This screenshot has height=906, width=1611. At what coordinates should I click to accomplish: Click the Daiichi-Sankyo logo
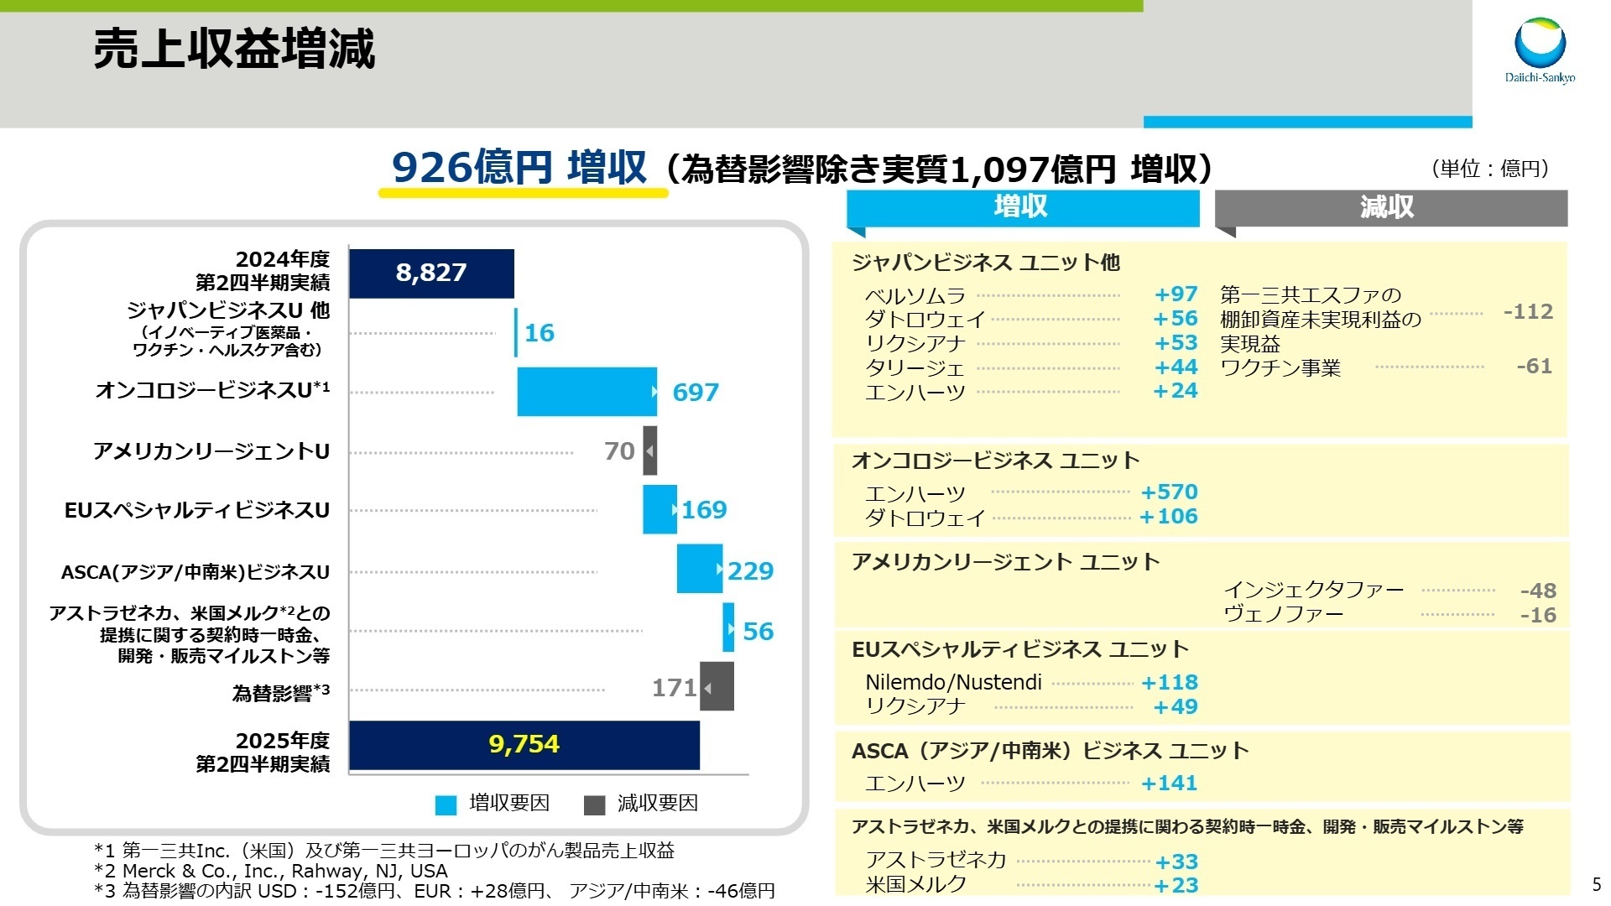[1540, 50]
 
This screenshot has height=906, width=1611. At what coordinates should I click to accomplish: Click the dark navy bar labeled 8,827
[431, 273]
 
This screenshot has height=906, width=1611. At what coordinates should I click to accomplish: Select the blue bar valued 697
[587, 392]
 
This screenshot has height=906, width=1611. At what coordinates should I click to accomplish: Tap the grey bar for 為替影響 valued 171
[717, 687]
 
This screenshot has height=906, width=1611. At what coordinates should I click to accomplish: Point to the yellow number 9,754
[524, 744]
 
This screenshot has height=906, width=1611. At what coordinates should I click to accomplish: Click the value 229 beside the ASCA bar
[750, 571]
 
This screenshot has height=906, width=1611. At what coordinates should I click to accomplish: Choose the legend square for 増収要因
[446, 805]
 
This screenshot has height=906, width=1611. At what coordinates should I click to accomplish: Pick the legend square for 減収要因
[594, 805]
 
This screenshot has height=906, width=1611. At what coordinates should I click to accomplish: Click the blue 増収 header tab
[1022, 207]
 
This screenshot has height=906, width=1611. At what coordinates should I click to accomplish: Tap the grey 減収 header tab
[1390, 207]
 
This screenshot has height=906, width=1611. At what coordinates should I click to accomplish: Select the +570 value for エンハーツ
[1169, 492]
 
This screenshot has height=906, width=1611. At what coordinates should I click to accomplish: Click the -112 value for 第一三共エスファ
[1528, 312]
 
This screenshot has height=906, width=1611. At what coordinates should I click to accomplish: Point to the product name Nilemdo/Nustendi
[953, 683]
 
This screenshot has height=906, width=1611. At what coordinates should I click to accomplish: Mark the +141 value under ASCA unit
[1169, 784]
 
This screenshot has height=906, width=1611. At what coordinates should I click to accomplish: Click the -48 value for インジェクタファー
[1538, 591]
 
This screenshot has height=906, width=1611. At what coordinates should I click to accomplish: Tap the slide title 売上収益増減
[234, 49]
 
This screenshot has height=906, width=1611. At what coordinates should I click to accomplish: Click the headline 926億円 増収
[520, 168]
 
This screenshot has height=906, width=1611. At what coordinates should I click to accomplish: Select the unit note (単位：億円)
[1490, 169]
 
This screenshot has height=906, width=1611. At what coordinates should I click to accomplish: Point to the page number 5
[1597, 885]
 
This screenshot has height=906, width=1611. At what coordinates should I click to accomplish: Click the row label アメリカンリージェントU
[211, 451]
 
